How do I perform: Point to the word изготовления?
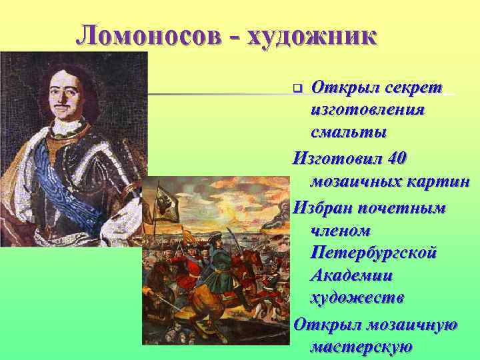click(x=367, y=109)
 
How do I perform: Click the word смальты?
click(x=348, y=131)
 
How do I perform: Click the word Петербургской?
click(x=373, y=253)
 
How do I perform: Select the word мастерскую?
click(x=361, y=347)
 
